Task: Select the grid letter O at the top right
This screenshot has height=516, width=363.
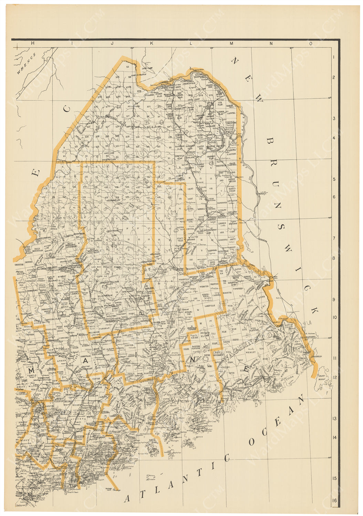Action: (311, 43)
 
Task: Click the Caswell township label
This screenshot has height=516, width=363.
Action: (231, 113)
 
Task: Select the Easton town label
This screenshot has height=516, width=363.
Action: (231, 154)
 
